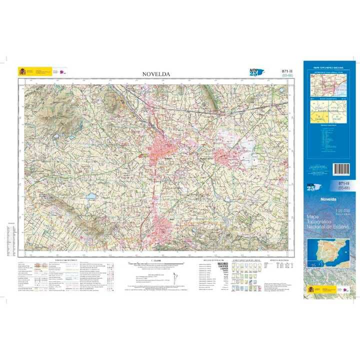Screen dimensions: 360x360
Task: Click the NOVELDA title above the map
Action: tap(156, 74)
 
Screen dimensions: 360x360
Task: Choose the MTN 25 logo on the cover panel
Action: tap(313, 187)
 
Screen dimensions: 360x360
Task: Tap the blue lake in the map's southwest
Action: tap(90, 196)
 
